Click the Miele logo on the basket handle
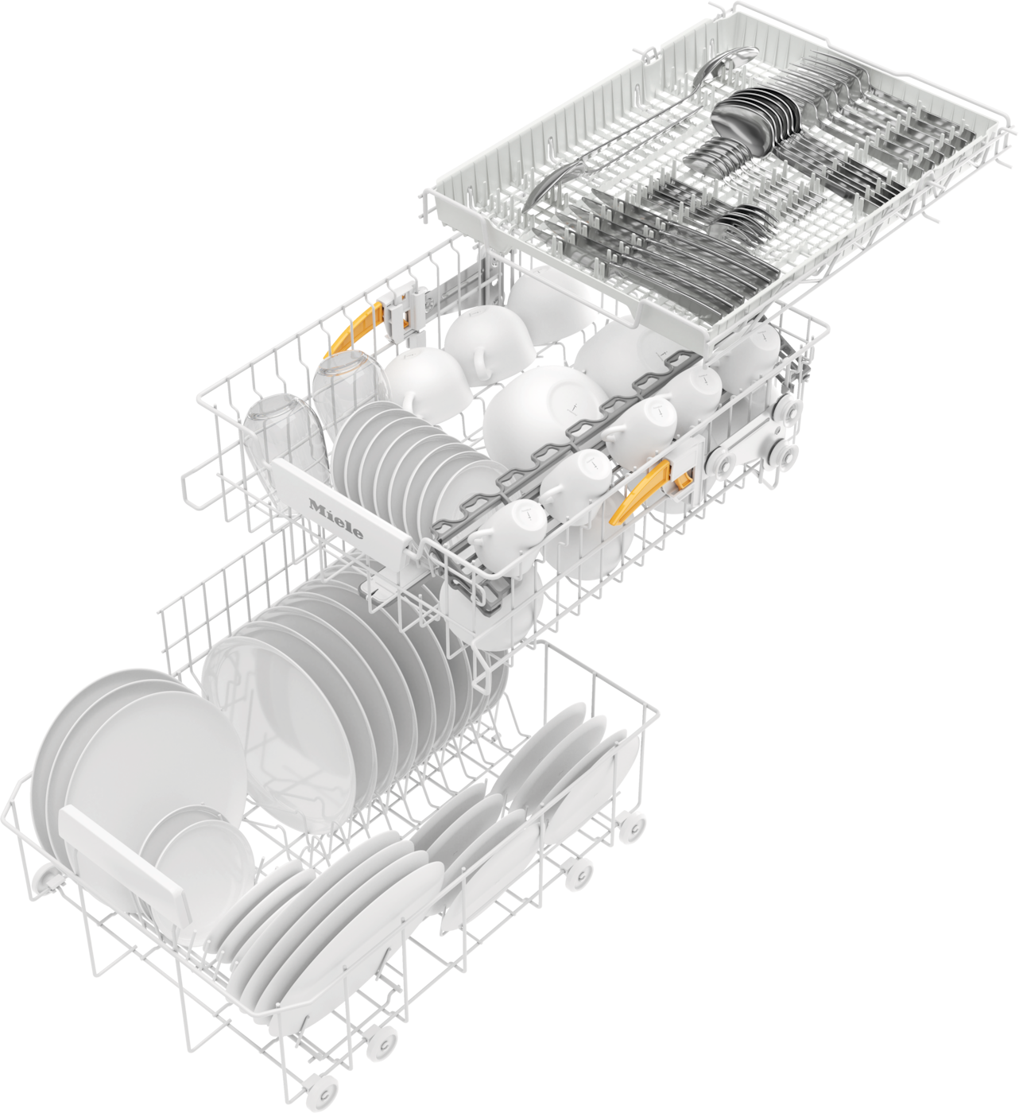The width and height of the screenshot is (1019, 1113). pos(336,518)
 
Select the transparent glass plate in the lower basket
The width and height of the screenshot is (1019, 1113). pos(289,732)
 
